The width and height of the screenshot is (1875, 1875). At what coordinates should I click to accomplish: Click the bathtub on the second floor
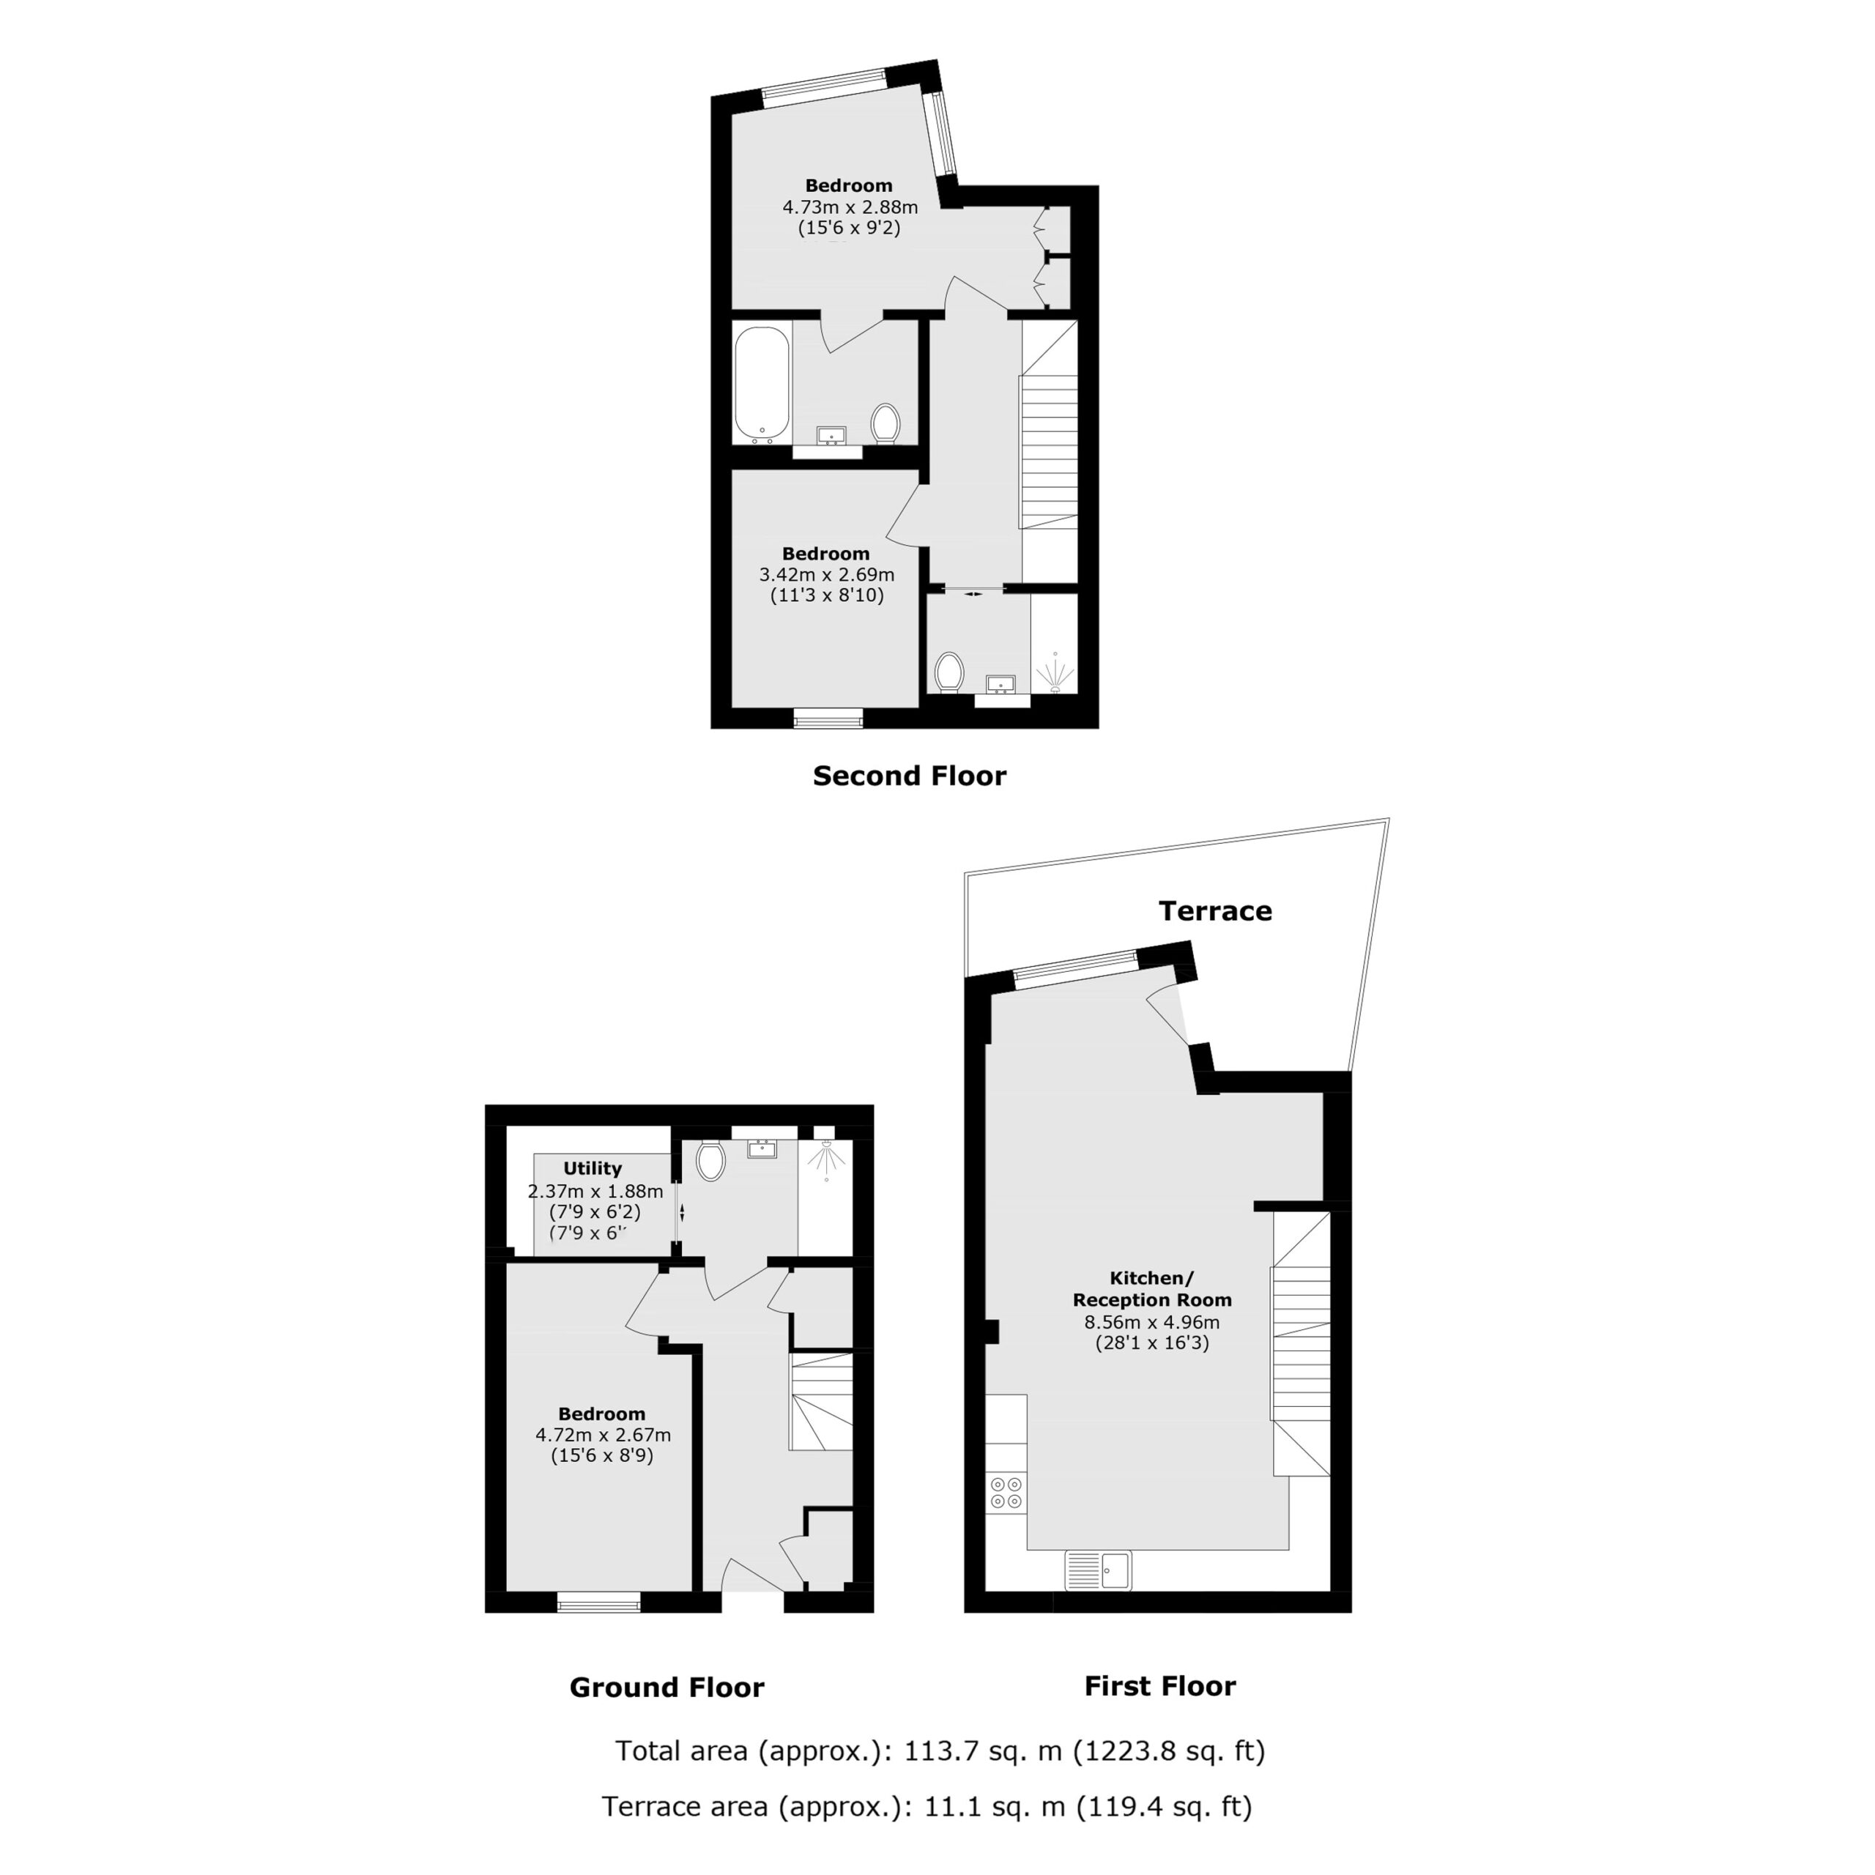pyautogui.click(x=762, y=385)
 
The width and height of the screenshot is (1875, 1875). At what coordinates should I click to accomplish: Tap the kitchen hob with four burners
pyautogui.click(x=1006, y=1493)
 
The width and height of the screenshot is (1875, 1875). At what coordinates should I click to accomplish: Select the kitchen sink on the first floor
pyautogui.click(x=1099, y=1570)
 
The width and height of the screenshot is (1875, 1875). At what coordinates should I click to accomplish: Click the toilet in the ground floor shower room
pyautogui.click(x=710, y=1159)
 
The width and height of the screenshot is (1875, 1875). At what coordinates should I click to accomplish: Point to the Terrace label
pyautogui.click(x=1215, y=910)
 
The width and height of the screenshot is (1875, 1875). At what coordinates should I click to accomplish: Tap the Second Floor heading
pyautogui.click(x=910, y=776)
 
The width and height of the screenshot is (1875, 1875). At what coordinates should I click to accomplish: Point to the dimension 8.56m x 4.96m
pyautogui.click(x=1152, y=1322)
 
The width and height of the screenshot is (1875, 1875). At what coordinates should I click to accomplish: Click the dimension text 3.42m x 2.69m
pyautogui.click(x=827, y=574)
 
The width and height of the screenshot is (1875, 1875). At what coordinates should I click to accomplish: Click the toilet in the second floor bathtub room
pyautogui.click(x=885, y=423)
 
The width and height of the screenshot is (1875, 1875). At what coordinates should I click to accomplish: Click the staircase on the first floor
pyautogui.click(x=1302, y=1343)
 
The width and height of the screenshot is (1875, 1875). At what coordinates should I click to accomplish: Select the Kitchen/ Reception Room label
pyautogui.click(x=1152, y=1289)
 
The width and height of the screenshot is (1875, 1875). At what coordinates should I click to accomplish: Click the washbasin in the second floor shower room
pyautogui.click(x=1000, y=685)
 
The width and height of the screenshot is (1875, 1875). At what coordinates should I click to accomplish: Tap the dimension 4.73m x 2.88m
pyautogui.click(x=850, y=207)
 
